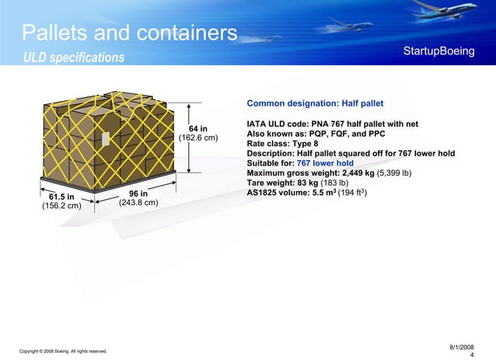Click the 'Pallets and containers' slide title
click(129, 33)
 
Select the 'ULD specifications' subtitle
click(73, 58)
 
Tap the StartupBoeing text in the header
click(438, 51)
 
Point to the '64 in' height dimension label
click(199, 128)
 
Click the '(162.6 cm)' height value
click(198, 139)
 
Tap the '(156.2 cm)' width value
click(61, 207)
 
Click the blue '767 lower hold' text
click(326, 164)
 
